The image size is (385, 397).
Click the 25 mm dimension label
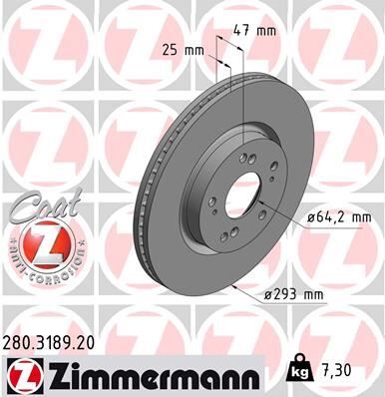[182, 48]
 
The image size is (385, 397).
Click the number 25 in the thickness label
[169, 48]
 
